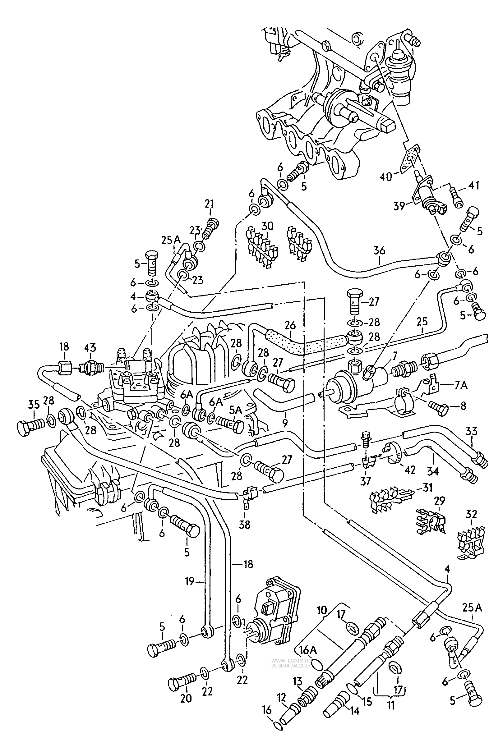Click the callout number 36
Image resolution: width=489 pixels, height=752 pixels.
coord(379,250)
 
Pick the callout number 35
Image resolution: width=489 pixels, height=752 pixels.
coord(34,405)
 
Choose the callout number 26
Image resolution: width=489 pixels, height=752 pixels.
coord(289,325)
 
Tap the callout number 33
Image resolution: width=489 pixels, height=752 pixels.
coord(471,431)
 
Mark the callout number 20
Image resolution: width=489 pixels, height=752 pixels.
coord(186,698)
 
